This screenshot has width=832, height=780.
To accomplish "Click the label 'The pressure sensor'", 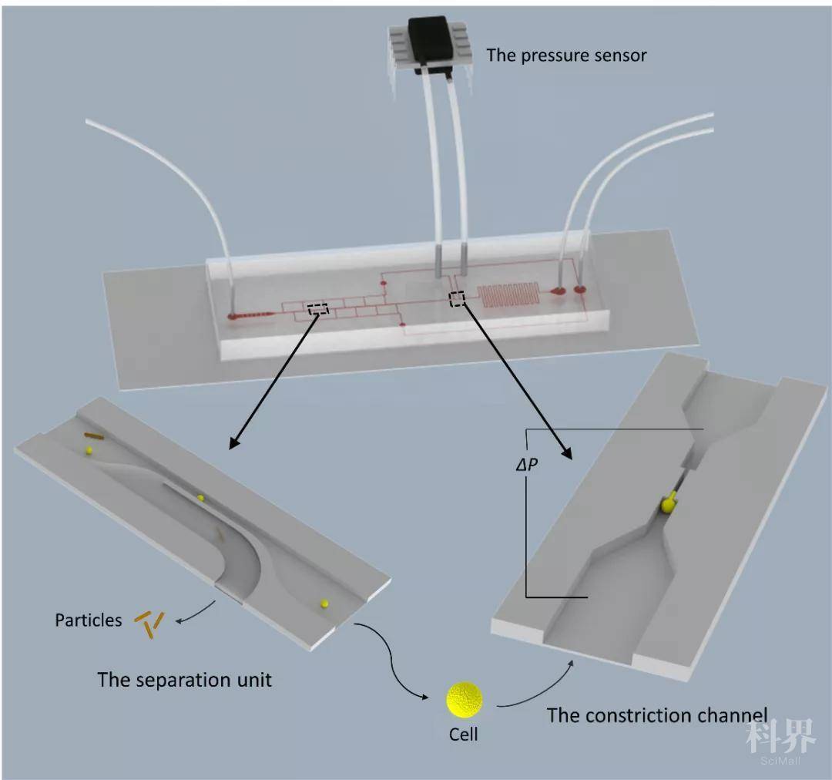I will coord(566,55).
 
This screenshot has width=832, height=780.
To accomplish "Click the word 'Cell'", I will coord(464,734).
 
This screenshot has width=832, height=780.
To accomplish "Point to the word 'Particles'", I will coord(88,620).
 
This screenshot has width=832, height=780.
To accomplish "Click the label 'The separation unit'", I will coord(184,680).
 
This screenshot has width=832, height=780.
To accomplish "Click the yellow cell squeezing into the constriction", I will coord(668,504).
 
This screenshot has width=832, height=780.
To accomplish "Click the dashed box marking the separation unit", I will coord(317,309).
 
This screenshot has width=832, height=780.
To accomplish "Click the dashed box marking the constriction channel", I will coord(457,298).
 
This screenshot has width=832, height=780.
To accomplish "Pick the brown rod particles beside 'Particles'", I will coord(149,623).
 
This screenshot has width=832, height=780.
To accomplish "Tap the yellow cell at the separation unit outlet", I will coord(324,603).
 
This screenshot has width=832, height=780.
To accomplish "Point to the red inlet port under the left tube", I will coord(232,316).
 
